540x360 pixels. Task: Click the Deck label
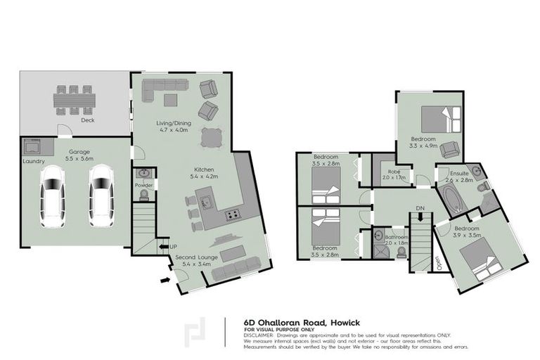click(87, 120)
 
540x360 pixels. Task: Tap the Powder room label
click(143, 186)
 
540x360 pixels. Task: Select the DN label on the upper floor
click(420, 209)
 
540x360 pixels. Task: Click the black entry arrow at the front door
click(165, 281)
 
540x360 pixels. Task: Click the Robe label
click(390, 173)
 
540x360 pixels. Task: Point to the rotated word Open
click(438, 262)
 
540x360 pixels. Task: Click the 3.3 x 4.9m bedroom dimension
click(423, 146)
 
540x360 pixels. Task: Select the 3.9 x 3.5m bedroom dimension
click(465, 235)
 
